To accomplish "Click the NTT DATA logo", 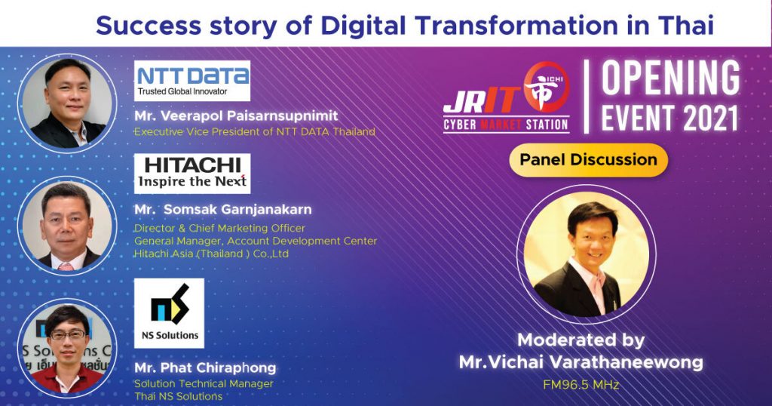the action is pos(192,81).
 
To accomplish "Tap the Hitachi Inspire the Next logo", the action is pos(192,174).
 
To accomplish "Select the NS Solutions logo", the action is pos(169,313).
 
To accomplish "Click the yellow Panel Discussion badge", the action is pos(588,160).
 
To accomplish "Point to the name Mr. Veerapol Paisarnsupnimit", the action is pos(236,116).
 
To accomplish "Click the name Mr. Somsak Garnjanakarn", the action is pos(223,209).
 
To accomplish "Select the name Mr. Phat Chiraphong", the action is pos(205,368).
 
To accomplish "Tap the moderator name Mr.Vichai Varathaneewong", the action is pos(581,362).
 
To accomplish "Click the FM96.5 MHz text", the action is pos(581,385).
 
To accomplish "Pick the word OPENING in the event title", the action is pos(670,78).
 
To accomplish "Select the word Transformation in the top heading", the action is pos(516,25).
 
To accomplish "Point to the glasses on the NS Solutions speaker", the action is pos(67,336).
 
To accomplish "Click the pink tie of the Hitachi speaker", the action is pos(66,267).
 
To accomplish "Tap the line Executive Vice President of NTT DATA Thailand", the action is pos(255,132).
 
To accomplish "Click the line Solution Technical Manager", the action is pos(204,384).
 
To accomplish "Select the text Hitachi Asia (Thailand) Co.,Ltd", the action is pos(212,254).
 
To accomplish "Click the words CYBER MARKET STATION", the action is pos(506,125).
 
